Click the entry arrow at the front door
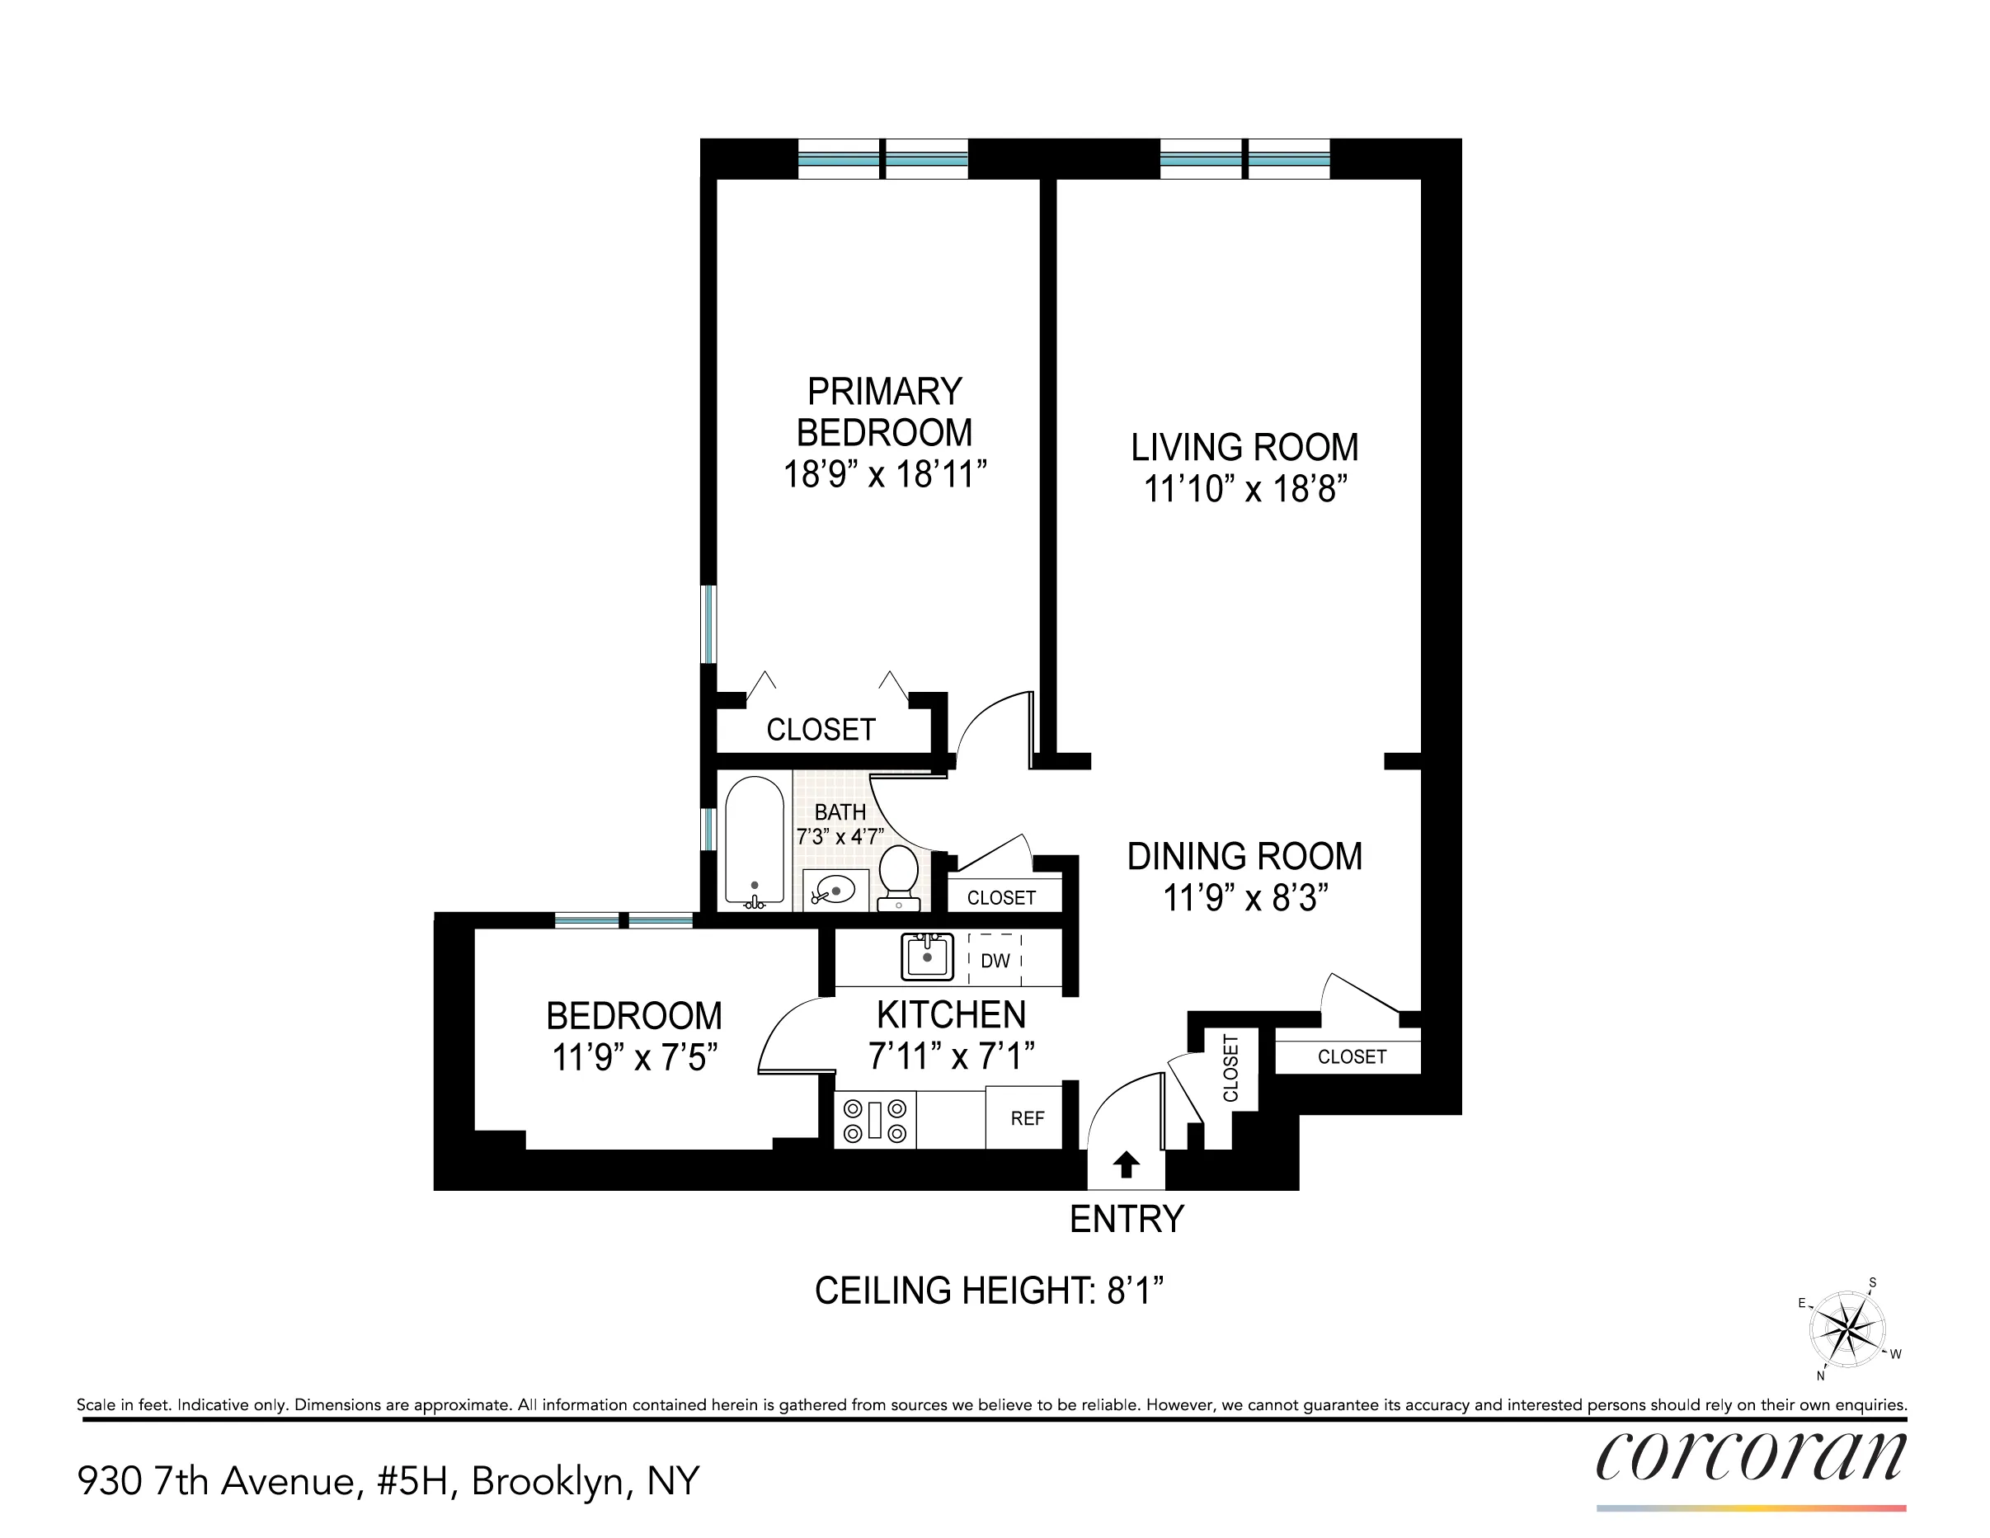point(1127,1164)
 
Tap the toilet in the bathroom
point(898,877)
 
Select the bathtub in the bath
point(754,841)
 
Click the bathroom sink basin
point(835,888)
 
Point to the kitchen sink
point(927,957)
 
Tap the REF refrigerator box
point(1026,1118)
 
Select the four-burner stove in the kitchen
point(875,1120)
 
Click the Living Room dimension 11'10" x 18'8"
point(1244,489)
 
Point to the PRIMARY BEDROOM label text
point(884,412)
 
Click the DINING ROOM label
point(1244,857)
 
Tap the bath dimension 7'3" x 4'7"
point(840,836)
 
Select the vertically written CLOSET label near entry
point(1230,1068)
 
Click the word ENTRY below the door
point(1127,1219)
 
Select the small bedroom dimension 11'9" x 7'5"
point(634,1058)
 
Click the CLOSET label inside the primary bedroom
point(820,730)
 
